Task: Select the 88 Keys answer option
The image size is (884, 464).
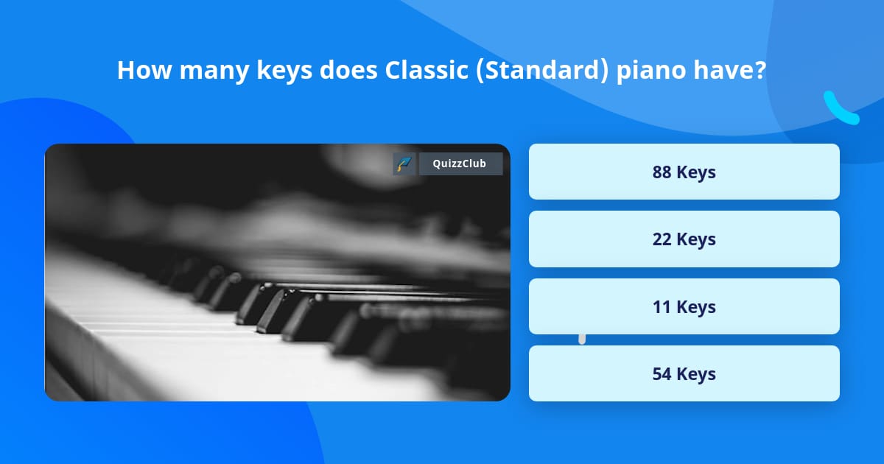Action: (x=684, y=172)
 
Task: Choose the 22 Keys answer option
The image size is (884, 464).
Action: (x=684, y=239)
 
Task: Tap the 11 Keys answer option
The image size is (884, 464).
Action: (x=684, y=306)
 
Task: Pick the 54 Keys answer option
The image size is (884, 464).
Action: (x=684, y=373)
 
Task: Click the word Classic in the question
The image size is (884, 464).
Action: (x=427, y=70)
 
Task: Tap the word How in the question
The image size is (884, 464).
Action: (x=144, y=70)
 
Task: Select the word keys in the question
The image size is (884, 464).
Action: (x=284, y=71)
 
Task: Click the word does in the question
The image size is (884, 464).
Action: (x=348, y=70)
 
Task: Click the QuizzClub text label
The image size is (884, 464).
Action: (x=459, y=164)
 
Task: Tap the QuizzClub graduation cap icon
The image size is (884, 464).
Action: (x=404, y=164)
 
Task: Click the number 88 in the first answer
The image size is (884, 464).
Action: (x=662, y=172)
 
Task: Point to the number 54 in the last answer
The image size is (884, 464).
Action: (x=662, y=374)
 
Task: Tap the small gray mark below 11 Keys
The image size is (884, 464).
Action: (x=582, y=340)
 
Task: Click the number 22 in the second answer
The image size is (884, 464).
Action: (x=662, y=239)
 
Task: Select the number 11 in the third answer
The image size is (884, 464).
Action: (x=662, y=307)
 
